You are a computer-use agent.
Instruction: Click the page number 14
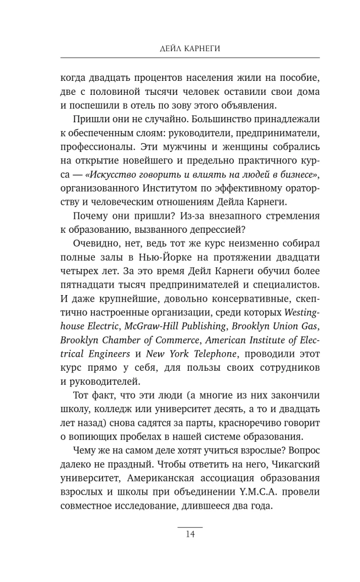[190, 536]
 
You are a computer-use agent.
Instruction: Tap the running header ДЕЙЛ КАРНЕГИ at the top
[190, 47]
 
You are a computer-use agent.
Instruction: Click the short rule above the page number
[190, 526]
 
